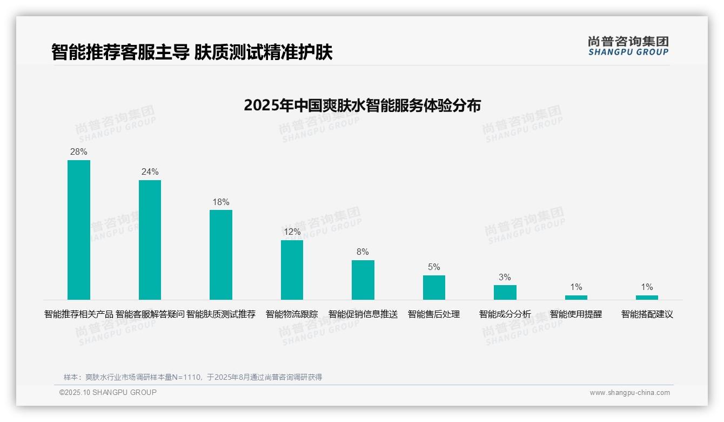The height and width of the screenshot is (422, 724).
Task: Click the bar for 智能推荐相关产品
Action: point(79,229)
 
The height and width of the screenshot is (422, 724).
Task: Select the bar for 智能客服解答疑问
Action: point(150,240)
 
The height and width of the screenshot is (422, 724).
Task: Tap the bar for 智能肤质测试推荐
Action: point(221,254)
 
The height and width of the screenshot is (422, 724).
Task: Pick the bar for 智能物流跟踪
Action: point(292,269)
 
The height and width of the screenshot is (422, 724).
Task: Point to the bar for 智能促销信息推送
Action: point(363,280)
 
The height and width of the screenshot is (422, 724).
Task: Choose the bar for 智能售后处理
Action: point(434,287)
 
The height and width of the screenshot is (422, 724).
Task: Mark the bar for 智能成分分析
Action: point(505,292)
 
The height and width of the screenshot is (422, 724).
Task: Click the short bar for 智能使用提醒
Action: point(576,297)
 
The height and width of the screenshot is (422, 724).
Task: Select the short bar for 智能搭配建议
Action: point(647,297)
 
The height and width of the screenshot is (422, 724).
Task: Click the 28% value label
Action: point(79,152)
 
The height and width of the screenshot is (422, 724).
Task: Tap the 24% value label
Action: point(150,172)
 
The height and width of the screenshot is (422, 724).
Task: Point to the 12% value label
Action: point(292,232)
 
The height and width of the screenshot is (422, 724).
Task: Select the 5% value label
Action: point(434,267)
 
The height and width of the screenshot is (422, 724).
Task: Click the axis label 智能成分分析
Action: point(505,314)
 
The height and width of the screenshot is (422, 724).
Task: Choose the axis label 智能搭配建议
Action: point(647,314)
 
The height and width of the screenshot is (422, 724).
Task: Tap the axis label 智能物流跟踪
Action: point(292,314)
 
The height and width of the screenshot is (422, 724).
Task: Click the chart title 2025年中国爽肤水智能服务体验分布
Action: point(362,105)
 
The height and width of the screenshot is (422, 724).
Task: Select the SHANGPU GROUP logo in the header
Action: point(628,46)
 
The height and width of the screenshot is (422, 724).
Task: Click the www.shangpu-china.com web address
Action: point(629,393)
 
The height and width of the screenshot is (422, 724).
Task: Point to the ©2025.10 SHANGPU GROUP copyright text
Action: point(108,392)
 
